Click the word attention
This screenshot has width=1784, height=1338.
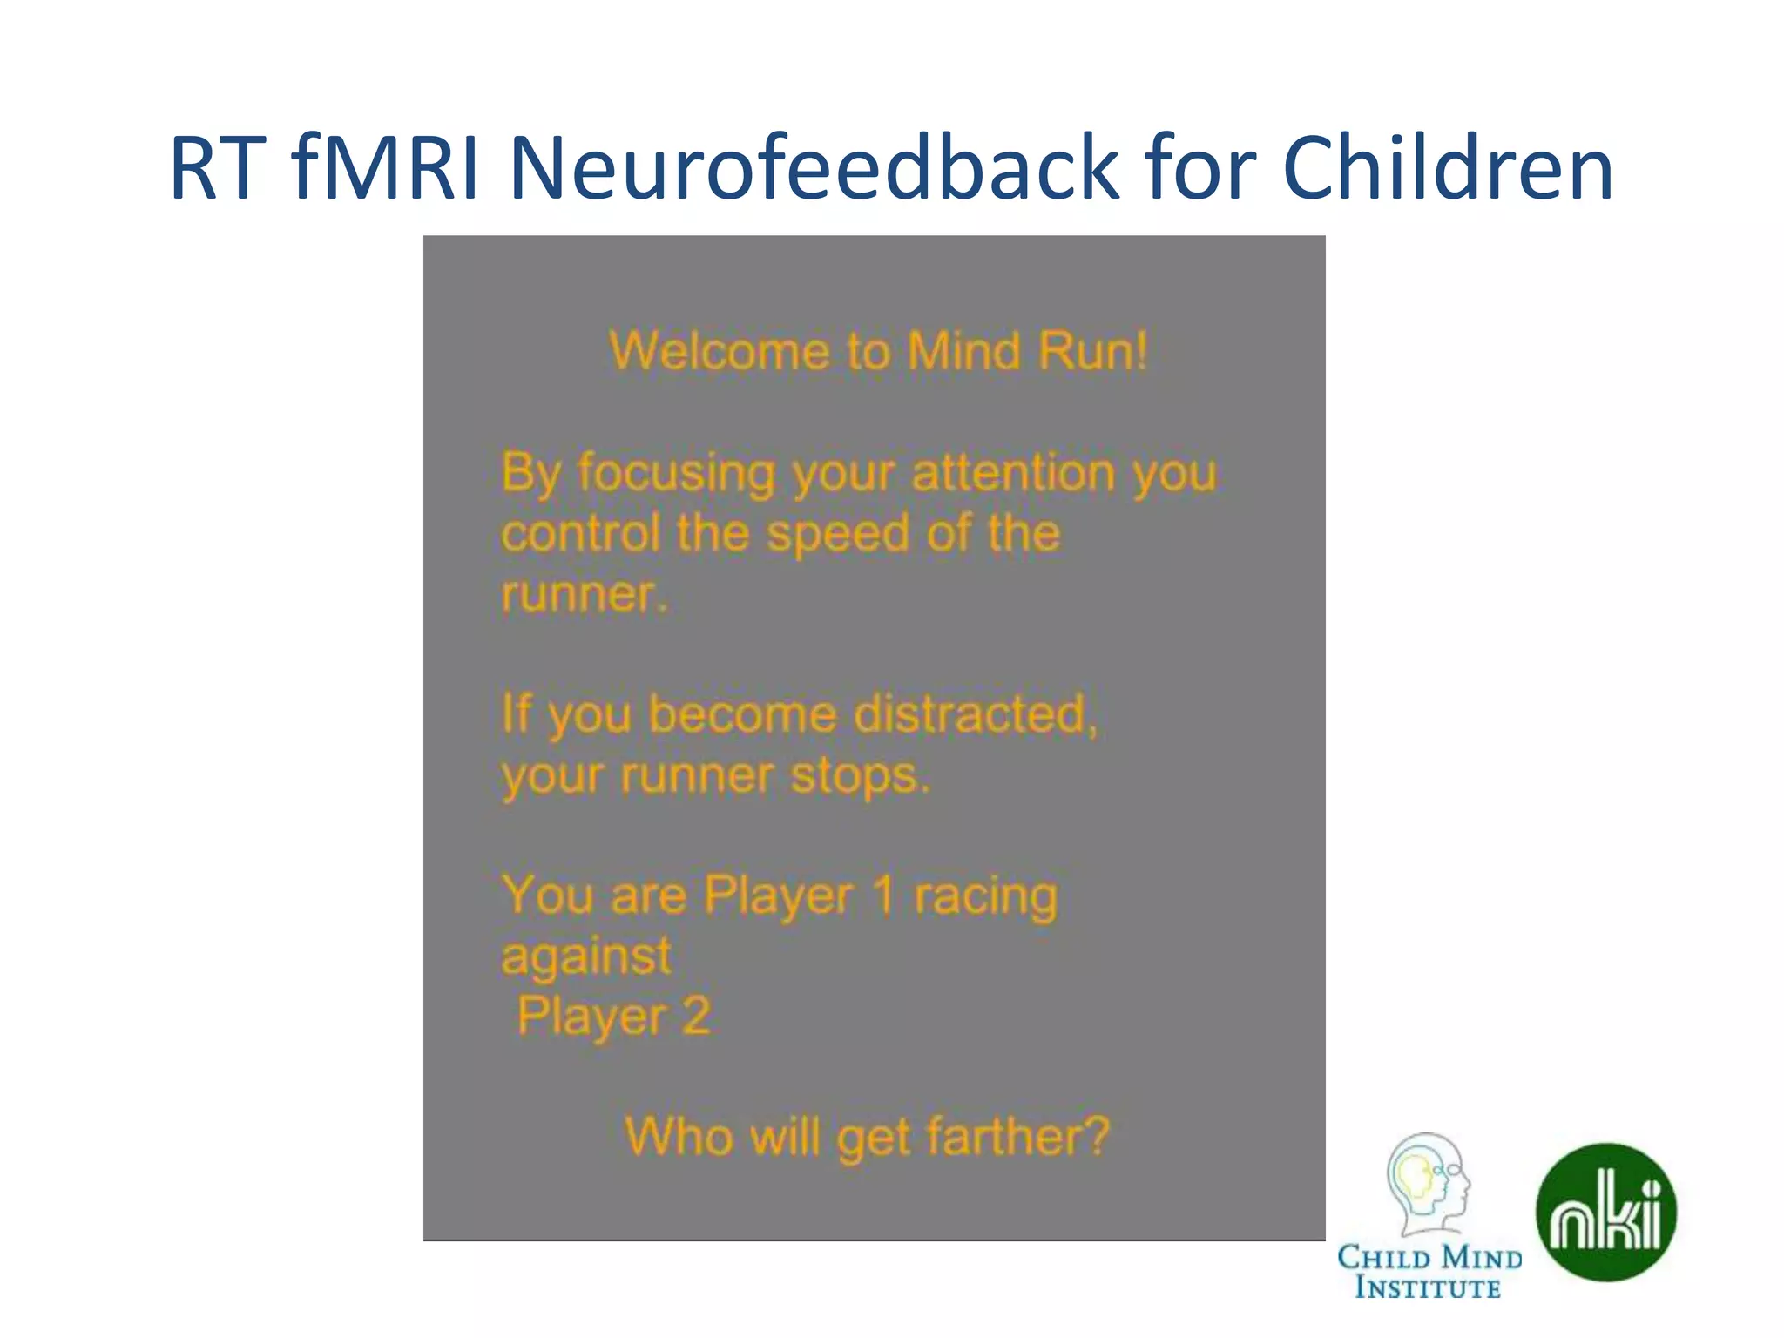tap(1013, 473)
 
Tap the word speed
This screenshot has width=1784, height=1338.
tap(838, 534)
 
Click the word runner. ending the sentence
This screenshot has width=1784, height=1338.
tap(585, 595)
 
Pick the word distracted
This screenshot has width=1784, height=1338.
tap(975, 714)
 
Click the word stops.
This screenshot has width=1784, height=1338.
tap(860, 775)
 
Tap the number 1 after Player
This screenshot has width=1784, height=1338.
tap(882, 895)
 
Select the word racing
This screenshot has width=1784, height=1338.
tap(985, 896)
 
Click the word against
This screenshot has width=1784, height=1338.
tap(586, 957)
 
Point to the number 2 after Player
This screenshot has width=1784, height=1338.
tap(696, 1016)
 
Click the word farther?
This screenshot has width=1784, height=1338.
tap(1017, 1137)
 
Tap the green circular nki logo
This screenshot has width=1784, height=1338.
tap(1605, 1212)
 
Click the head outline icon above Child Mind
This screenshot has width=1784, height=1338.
tap(1427, 1184)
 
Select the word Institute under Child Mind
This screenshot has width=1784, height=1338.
tap(1428, 1287)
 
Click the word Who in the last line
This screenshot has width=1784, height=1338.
tap(679, 1137)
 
